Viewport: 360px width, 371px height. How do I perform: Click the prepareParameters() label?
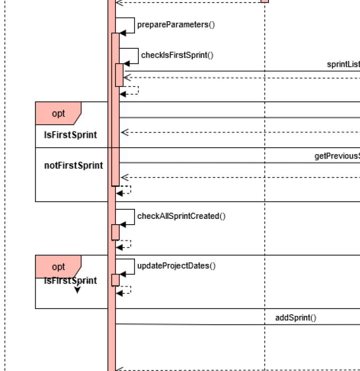(176, 24)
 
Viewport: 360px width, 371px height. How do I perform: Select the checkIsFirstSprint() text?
(177, 55)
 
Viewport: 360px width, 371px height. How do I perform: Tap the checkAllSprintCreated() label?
(181, 216)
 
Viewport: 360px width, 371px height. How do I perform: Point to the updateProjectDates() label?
(176, 266)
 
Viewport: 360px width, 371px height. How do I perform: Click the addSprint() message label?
(295, 318)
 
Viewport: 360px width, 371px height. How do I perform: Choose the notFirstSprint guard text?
(73, 165)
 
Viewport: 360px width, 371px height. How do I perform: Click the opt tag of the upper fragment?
(58, 113)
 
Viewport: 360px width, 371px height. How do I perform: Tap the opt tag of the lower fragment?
(58, 267)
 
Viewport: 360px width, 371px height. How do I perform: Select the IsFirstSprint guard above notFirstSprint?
(70, 135)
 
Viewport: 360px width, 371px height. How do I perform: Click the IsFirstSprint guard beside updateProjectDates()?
(70, 281)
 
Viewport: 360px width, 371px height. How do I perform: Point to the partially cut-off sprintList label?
(343, 65)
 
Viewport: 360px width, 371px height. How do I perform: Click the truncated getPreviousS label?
(337, 156)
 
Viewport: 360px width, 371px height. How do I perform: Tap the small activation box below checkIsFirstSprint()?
(119, 75)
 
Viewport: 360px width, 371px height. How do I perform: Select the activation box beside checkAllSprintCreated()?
(115, 232)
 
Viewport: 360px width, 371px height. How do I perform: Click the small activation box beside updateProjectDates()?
(115, 280)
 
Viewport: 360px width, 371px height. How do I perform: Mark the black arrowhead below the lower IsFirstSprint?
(77, 289)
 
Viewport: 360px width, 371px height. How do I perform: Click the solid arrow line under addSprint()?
(238, 324)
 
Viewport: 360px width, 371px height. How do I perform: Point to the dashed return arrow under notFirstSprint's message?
(238, 178)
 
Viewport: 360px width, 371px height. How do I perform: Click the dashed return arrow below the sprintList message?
(238, 78)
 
